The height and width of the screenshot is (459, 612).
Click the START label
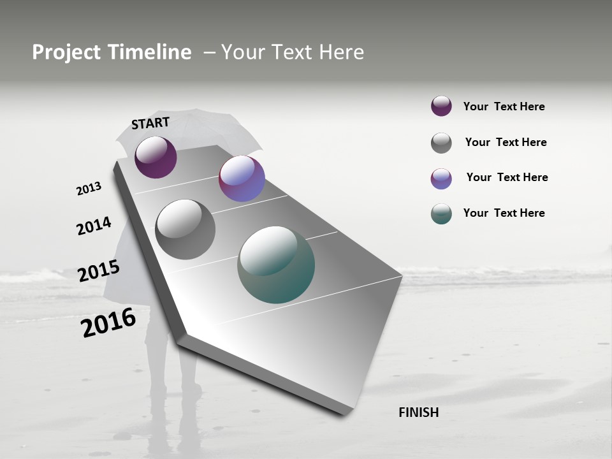coord(150,123)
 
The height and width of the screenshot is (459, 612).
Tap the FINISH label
coord(418,412)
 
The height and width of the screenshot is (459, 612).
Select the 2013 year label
coord(89,189)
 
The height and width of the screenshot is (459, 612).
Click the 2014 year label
coord(94,226)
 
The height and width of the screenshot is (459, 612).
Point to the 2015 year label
coord(99,271)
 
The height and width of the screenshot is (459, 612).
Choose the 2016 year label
coord(108,322)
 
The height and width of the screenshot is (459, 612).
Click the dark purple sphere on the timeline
coord(156,157)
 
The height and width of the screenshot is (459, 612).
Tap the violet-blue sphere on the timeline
coord(242,178)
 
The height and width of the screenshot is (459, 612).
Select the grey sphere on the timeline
coord(185,229)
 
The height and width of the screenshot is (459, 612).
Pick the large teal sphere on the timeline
coord(276,265)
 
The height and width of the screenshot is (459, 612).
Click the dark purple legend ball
coord(441,106)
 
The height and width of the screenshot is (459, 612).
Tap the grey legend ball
coord(441,143)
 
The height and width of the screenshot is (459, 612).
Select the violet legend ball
coord(441,178)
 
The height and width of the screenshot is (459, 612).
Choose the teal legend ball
coord(441,214)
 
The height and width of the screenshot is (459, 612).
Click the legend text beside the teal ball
coord(504,213)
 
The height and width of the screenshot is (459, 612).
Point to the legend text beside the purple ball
coord(504,106)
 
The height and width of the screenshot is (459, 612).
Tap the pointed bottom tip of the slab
coord(345,412)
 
